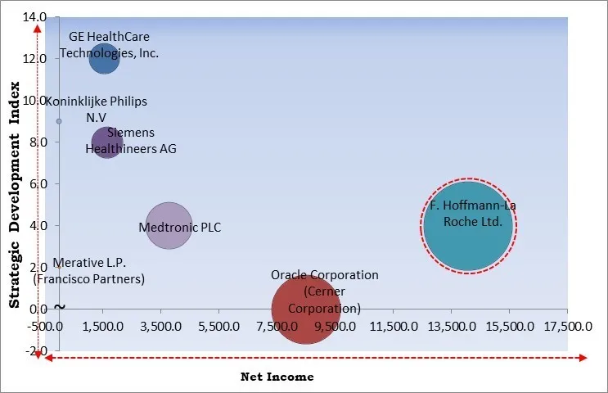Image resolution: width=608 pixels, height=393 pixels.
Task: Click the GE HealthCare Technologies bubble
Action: pos(104,58)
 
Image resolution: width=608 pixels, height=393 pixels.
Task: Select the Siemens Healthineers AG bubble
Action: pos(107,143)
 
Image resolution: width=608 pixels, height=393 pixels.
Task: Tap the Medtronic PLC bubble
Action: pos(169,226)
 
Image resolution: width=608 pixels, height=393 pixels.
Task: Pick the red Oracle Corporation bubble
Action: pos(306,309)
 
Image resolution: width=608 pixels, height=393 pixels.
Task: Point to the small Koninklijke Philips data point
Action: pos(59,121)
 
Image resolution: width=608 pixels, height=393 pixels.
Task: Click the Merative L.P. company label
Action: pos(89,271)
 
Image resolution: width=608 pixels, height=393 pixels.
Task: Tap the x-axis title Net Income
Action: pos(277,377)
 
